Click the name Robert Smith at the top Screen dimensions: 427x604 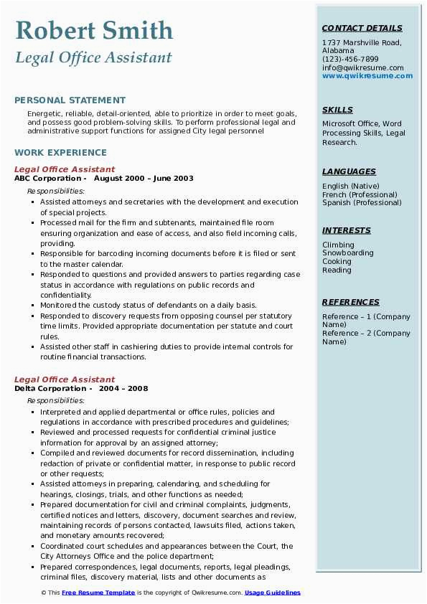click(94, 31)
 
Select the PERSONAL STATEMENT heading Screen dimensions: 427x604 click(70, 100)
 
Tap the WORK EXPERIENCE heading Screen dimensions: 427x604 click(60, 152)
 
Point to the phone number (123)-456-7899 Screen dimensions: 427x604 click(350, 60)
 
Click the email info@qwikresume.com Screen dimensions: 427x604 click(362, 68)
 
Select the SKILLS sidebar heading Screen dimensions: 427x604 click(337, 110)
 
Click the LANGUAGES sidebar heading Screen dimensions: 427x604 click(349, 171)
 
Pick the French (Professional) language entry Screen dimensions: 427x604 click(360, 194)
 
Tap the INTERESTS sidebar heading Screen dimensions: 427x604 click(347, 230)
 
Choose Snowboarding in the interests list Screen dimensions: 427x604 click(347, 253)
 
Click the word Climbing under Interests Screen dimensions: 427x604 click(338, 245)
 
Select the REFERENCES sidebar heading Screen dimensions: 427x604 click(351, 302)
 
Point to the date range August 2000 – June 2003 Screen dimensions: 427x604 click(144, 179)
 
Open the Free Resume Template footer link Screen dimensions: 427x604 click(98, 593)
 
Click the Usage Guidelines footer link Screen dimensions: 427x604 click(273, 593)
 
